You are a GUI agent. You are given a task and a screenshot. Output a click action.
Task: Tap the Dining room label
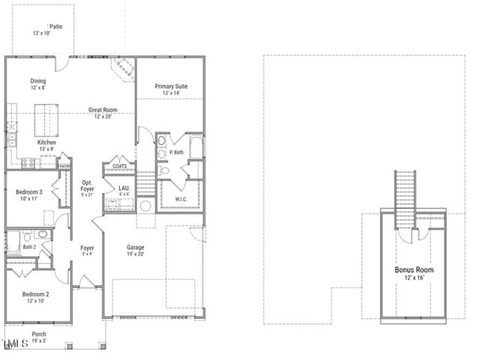38,81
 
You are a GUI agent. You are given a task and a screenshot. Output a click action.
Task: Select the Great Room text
102,110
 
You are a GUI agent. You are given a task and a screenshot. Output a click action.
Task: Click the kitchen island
47,118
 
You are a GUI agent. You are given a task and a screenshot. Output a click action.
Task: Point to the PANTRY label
65,166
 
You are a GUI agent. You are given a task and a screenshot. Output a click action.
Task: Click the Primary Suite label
171,87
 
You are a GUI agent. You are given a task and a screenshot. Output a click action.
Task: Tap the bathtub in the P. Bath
196,146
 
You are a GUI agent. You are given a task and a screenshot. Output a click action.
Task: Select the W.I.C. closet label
181,199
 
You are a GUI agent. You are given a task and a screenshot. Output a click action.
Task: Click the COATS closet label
119,166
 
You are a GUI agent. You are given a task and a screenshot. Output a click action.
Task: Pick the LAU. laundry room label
124,188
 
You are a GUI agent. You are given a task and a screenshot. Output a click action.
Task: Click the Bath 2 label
29,246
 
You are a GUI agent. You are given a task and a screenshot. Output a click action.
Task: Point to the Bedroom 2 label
35,294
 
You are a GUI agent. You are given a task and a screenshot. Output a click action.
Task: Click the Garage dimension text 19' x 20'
136,255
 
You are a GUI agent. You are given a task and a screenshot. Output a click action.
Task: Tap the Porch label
39,334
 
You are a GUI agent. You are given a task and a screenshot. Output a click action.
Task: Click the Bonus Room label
414,269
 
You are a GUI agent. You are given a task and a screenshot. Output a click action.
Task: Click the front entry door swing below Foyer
86,281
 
